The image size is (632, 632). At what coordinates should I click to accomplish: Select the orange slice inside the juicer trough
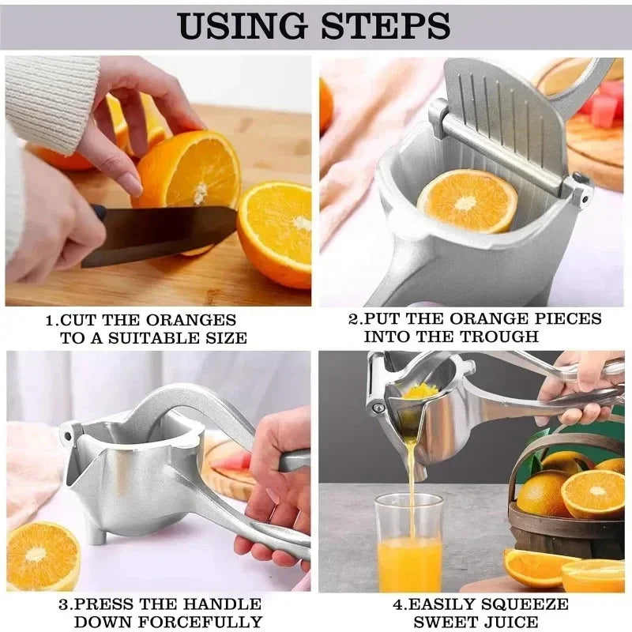pyautogui.click(x=467, y=201)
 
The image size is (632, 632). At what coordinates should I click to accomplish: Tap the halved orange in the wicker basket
pyautogui.click(x=592, y=493)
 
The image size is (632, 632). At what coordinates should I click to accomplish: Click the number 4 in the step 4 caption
pyautogui.click(x=397, y=604)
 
